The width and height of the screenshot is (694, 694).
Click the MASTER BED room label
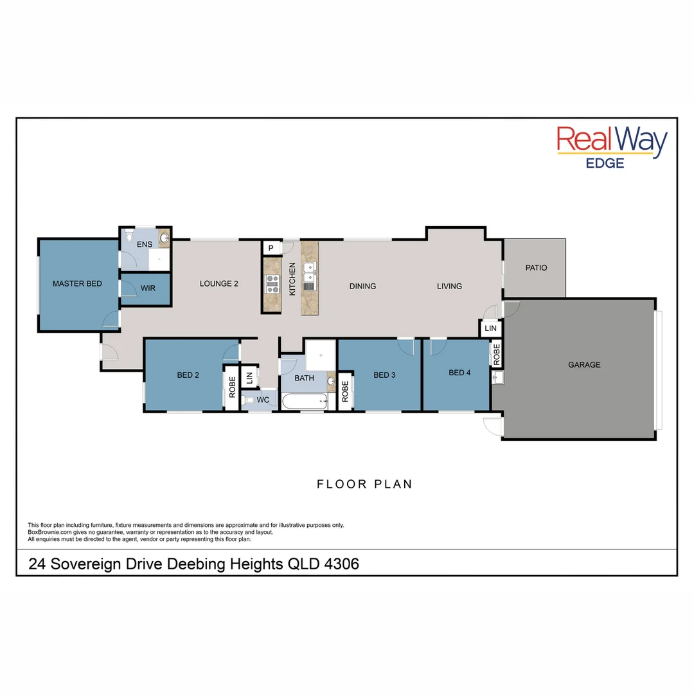[x=77, y=283]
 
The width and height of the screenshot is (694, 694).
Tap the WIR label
[x=148, y=289]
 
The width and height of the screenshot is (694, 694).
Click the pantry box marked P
[x=271, y=247]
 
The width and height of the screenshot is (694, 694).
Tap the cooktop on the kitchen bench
[x=272, y=283]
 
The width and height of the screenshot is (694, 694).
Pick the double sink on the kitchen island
[x=310, y=273]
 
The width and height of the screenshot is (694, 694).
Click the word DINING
[x=362, y=286]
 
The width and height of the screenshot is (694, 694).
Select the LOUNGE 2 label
[x=219, y=283]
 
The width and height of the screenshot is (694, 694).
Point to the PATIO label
[x=536, y=267]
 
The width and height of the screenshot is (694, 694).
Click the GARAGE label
[x=584, y=364]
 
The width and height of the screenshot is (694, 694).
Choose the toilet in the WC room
[x=250, y=400]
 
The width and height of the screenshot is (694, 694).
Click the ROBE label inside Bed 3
[x=345, y=391]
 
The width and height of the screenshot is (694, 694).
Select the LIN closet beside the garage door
[x=491, y=328]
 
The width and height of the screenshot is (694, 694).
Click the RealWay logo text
[x=612, y=141]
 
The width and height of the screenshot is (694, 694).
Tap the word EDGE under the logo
[x=605, y=163]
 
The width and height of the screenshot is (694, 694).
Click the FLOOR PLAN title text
[x=364, y=484]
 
